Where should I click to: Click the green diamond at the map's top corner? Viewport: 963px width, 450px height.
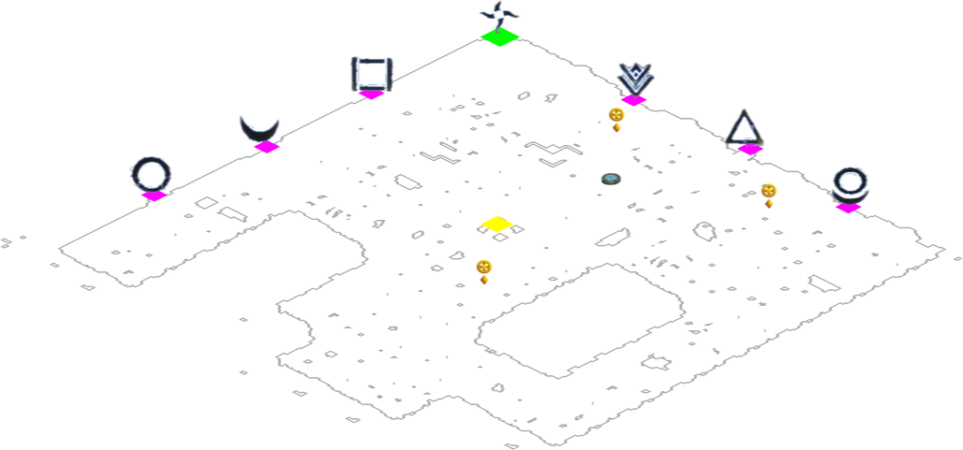pos(499,36)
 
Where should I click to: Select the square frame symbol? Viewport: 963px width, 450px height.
pos(371,74)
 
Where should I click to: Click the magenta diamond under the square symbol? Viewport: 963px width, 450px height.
pos(371,94)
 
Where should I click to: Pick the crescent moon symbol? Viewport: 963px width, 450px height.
pos(259,128)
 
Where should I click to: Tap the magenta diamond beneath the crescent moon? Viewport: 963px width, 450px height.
pos(267,147)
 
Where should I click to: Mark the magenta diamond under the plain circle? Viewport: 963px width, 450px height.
pos(154,196)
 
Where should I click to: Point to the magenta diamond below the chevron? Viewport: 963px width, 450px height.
pos(634,100)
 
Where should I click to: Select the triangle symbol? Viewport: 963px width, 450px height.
pos(744,129)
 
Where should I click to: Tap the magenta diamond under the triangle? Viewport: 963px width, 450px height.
pos(750,149)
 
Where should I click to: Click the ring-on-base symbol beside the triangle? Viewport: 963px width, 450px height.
pos(851,183)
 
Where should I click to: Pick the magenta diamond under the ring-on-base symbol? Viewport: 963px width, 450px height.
pos(848,208)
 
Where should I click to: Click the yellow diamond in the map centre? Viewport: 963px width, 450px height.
pos(498,224)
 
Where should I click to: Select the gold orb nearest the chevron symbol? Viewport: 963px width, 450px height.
pos(616,117)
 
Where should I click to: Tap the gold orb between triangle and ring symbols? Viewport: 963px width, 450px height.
pos(769,193)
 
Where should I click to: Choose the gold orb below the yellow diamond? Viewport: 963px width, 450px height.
pos(484,269)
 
